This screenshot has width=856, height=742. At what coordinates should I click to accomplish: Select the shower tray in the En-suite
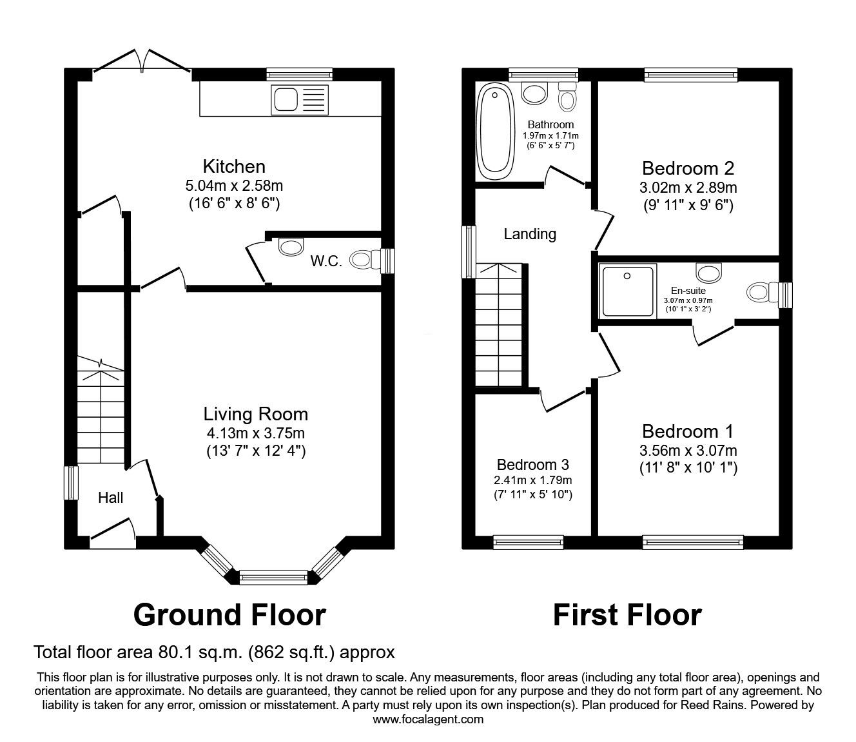[628, 290]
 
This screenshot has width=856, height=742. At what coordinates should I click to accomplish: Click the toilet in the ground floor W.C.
[364, 260]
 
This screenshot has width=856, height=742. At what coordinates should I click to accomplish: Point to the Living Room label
[256, 414]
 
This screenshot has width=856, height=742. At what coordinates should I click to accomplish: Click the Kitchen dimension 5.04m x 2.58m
[235, 186]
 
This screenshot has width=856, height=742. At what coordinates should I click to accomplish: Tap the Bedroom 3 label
[532, 465]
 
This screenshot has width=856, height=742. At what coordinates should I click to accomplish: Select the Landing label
[530, 234]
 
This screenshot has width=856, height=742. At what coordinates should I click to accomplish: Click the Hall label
[111, 498]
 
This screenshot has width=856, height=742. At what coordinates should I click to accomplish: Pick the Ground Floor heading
[229, 615]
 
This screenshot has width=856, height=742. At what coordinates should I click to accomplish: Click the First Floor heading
[627, 615]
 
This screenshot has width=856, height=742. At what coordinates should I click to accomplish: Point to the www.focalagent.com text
[428, 719]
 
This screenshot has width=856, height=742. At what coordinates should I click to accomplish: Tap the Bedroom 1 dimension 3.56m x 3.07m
[688, 451]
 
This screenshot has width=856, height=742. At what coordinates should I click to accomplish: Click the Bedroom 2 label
[688, 168]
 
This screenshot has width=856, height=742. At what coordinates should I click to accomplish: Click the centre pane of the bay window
[273, 577]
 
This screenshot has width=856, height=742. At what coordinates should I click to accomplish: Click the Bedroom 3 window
[529, 542]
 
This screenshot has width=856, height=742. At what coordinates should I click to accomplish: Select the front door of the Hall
[113, 534]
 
